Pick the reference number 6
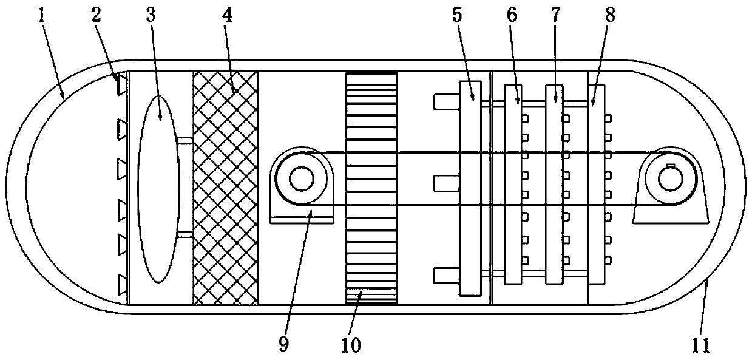pyautogui.click(x=512, y=14)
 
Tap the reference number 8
pyautogui.click(x=609, y=14)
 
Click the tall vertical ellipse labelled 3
pyautogui.click(x=159, y=188)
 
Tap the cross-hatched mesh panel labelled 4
pyautogui.click(x=225, y=188)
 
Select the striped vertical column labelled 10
pyautogui.click(x=371, y=188)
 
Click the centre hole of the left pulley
pyautogui.click(x=300, y=178)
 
